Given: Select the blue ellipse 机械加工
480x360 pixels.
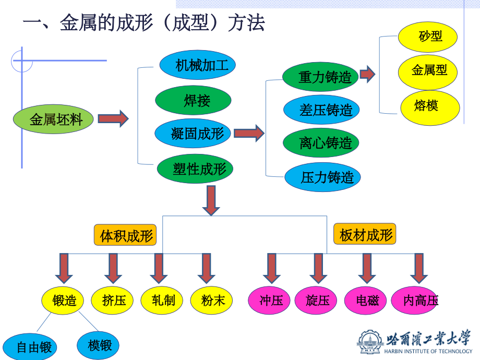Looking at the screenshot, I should [198, 65].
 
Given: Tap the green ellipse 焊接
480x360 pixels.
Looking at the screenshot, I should [193, 100].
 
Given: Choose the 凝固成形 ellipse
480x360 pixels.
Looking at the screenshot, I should [194, 134].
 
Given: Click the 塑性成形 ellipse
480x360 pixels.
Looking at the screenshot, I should [195, 169].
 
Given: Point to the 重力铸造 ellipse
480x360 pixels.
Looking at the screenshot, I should [320, 77].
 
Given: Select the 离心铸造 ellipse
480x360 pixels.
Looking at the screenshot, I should [321, 143].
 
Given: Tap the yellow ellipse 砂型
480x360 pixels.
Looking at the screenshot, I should [428, 37].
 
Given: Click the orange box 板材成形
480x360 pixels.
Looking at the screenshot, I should [365, 234].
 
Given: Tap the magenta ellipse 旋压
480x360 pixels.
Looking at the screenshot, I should [317, 301].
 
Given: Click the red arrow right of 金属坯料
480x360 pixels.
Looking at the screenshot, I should [113, 119].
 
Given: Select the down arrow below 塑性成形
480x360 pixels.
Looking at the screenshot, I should [211, 200].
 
